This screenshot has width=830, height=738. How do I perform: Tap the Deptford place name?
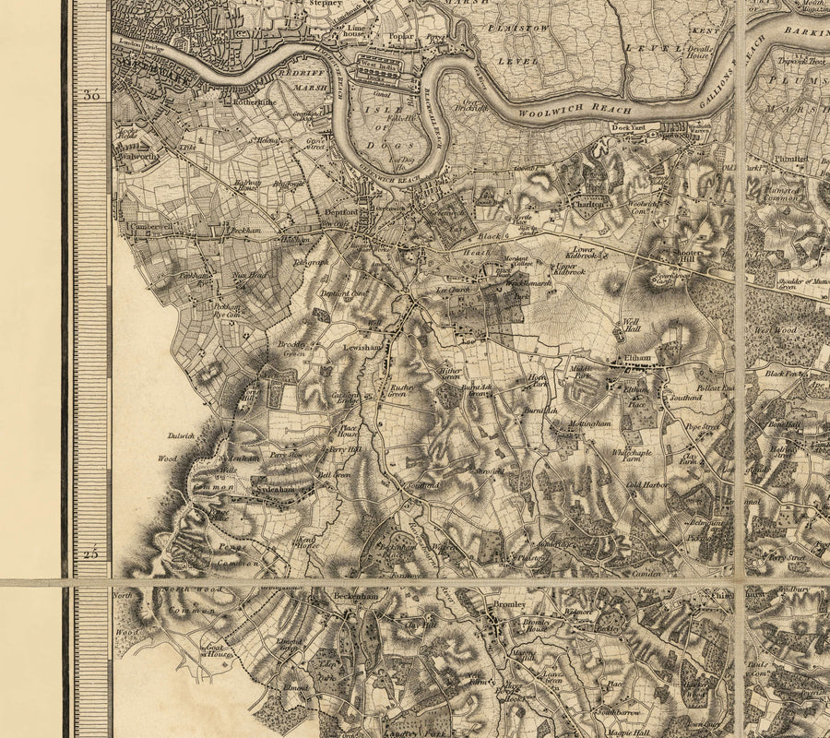click(339, 211)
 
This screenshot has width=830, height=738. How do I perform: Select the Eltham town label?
click(636, 356)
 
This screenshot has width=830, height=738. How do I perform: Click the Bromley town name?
click(509, 605)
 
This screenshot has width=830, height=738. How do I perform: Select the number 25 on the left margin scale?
click(89, 553)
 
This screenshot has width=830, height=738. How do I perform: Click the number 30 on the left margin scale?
click(89, 95)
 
